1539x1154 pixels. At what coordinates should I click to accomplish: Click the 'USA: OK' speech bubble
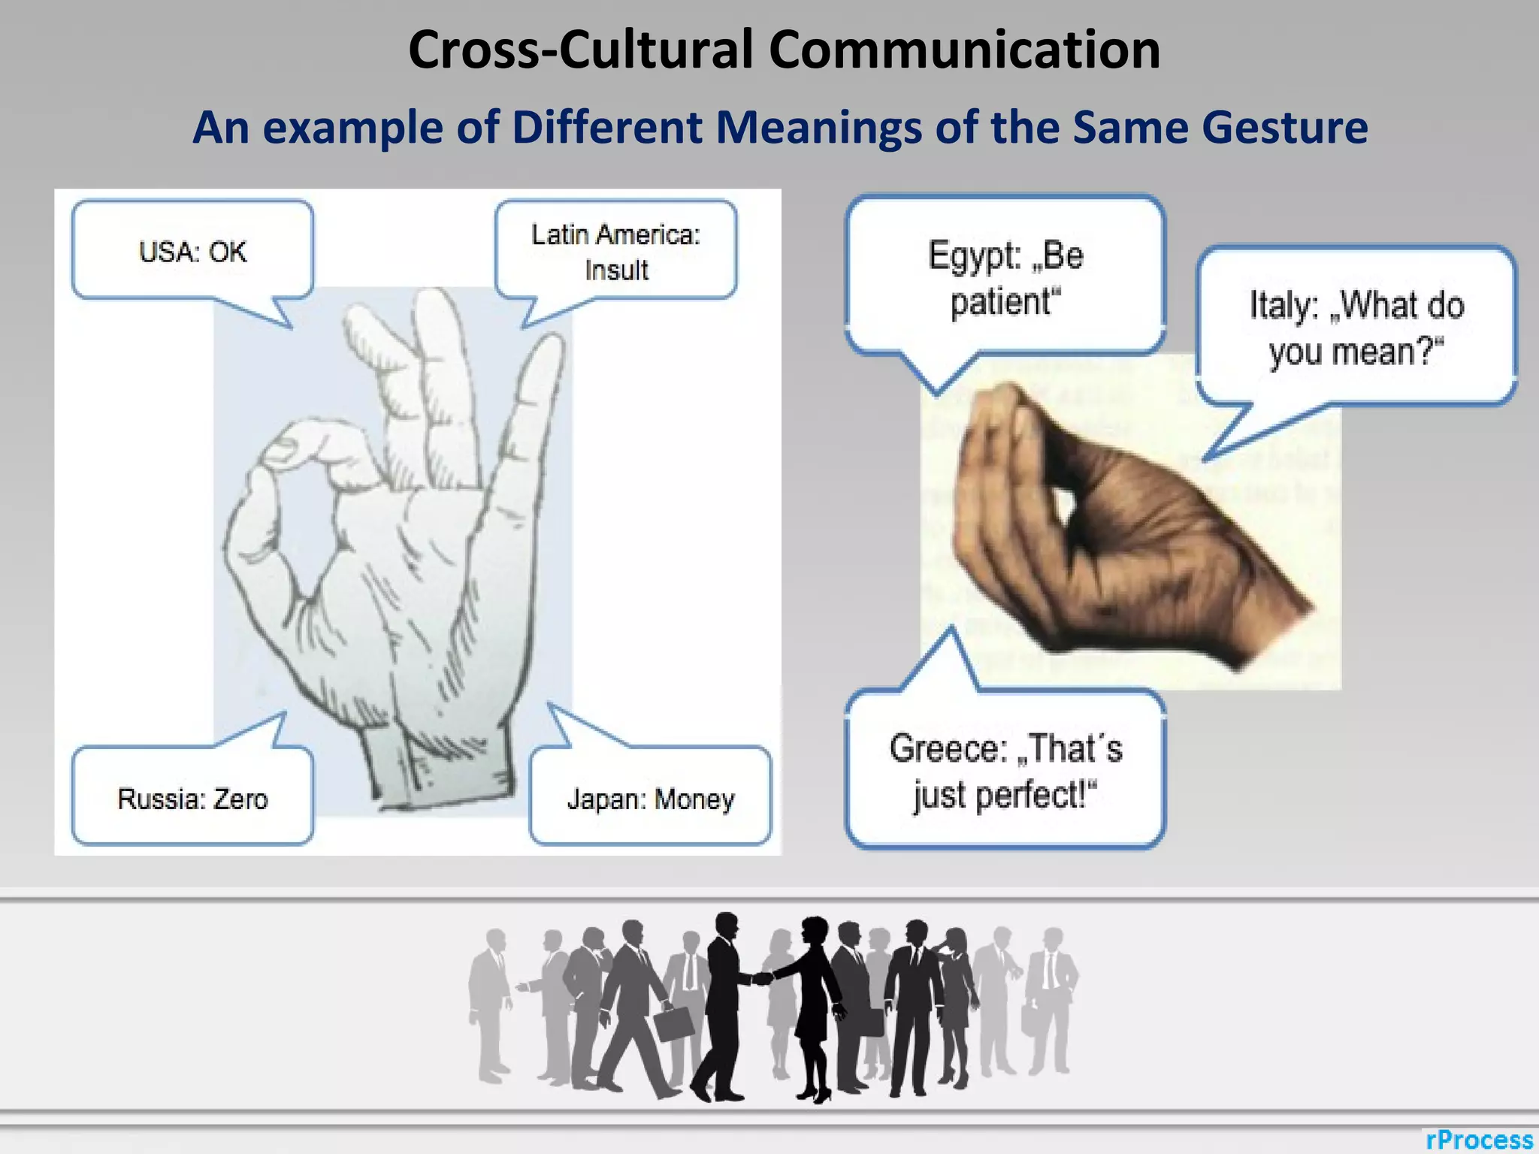192,251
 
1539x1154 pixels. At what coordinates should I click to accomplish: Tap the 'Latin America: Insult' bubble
616,251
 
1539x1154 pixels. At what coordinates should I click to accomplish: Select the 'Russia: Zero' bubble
192,798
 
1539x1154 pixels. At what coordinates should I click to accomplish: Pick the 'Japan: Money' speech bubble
651,798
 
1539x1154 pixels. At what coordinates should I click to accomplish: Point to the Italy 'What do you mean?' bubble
1356,328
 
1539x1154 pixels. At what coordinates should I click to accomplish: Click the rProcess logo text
1479,1139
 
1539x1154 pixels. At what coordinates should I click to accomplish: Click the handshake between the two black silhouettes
762,978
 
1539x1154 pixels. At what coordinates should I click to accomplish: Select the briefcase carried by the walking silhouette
674,1023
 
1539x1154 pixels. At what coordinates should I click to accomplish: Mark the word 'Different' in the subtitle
606,127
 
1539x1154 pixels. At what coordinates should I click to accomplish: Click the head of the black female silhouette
813,932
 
